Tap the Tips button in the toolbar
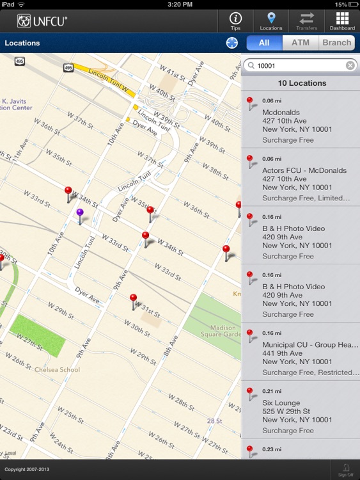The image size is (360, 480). point(235,21)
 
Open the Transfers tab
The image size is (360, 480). point(306,21)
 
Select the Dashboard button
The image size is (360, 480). point(342,21)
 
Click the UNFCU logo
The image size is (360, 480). point(42,21)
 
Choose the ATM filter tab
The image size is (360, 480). point(300,43)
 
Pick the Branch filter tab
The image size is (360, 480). point(336,43)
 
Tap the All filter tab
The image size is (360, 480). point(264,43)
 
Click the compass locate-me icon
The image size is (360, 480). point(231,43)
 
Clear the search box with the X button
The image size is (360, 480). point(350,65)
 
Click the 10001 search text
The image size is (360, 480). point(267,65)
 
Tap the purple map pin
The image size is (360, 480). point(80,214)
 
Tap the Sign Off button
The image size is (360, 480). point(345,470)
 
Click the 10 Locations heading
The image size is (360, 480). point(301,83)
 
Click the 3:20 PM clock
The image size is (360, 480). point(180,4)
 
